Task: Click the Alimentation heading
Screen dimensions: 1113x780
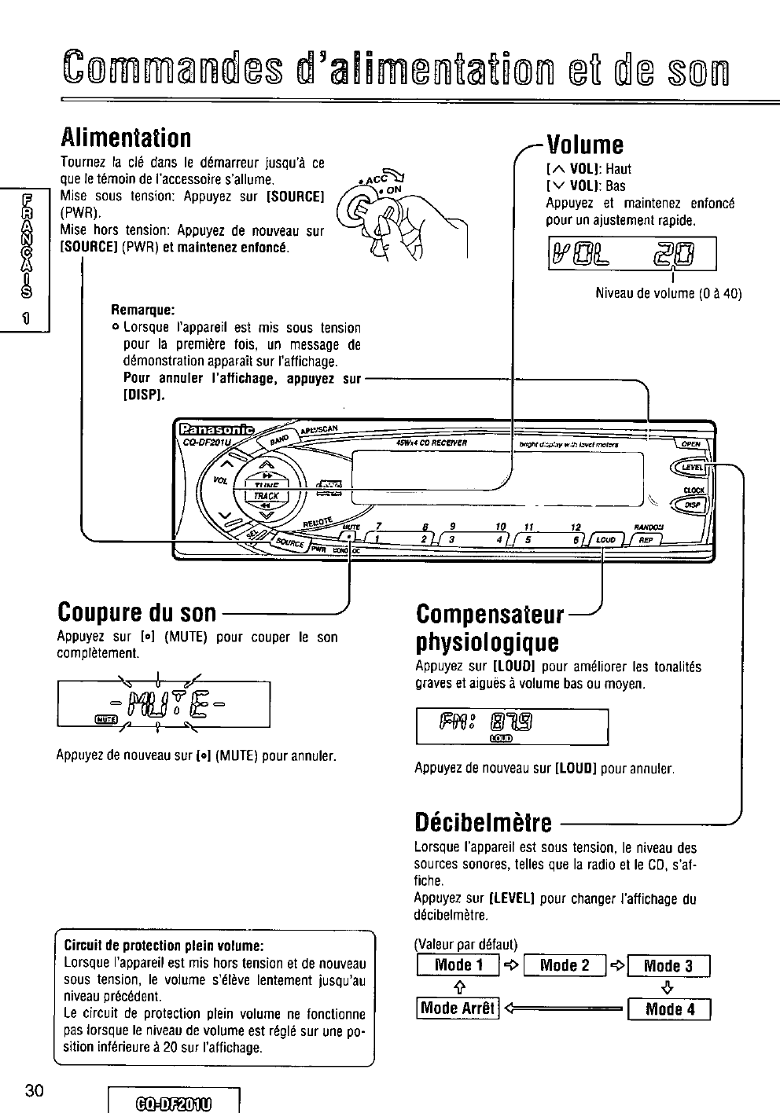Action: [x=126, y=138]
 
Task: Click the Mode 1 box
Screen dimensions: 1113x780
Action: [x=458, y=965]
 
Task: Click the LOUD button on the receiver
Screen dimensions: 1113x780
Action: [x=605, y=540]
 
